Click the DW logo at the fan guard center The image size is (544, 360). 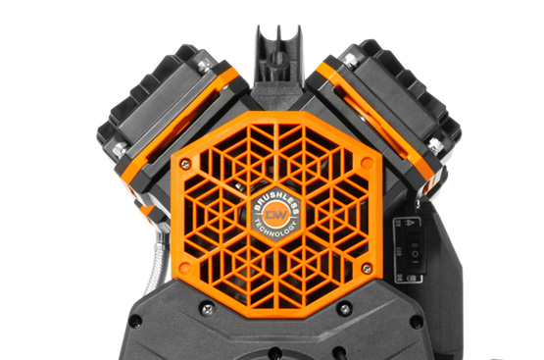276,215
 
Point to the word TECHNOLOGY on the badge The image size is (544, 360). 276,229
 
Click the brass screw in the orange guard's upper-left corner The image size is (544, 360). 186,164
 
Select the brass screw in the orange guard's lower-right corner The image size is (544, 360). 367,268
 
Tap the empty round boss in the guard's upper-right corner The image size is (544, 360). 367,163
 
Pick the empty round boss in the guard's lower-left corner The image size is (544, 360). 185,268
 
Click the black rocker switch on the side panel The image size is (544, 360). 415,248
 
